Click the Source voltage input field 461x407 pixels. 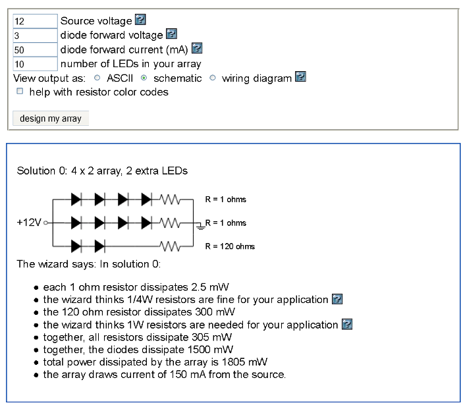pos(35,21)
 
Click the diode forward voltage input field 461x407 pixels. pos(35,35)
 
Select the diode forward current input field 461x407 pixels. pos(35,49)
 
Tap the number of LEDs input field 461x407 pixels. pos(35,64)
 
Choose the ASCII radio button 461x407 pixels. pos(97,78)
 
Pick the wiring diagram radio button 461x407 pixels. pos(213,78)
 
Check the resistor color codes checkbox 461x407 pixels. pos(20,92)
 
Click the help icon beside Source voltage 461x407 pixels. pos(140,20)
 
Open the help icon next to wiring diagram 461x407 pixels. pos(300,78)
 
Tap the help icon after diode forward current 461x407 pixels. pos(196,49)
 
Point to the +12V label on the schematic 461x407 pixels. pos(28,223)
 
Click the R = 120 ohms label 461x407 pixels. pos(230,246)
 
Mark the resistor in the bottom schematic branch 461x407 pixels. pos(171,247)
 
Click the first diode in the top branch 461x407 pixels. pos(76,198)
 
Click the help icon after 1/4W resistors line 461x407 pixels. pos(337,300)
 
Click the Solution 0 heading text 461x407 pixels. pos(102,171)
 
